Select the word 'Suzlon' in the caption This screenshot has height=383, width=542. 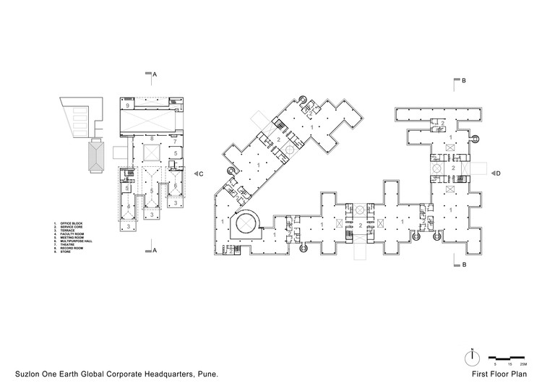coord(20,374)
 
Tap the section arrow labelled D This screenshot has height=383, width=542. coord(492,173)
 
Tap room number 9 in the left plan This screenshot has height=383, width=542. coord(127,106)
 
